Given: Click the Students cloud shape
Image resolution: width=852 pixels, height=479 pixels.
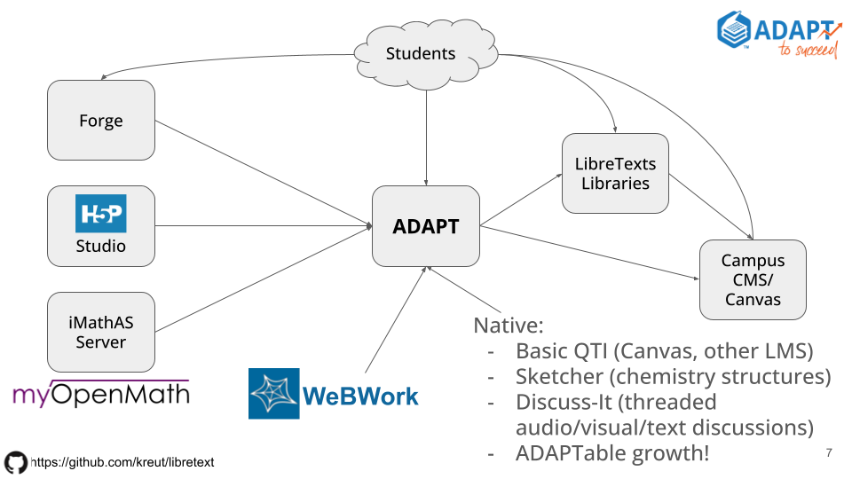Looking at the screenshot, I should (x=422, y=53).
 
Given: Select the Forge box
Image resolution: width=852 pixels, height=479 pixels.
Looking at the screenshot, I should (x=101, y=121).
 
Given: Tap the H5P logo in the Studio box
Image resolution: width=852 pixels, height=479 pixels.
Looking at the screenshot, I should (x=100, y=214).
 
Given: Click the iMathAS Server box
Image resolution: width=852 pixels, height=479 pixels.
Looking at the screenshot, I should (x=101, y=333).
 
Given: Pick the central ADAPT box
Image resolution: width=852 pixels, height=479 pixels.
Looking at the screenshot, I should (x=426, y=226).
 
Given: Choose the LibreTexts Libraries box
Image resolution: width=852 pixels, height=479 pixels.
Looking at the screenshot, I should (x=615, y=174).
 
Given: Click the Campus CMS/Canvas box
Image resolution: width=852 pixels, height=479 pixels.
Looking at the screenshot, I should (x=753, y=279).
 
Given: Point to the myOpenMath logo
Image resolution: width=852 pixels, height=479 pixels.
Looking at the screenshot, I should (x=101, y=394).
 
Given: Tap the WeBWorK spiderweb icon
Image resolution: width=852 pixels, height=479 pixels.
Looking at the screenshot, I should (x=274, y=393).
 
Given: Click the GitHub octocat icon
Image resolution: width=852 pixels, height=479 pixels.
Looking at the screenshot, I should (x=16, y=462).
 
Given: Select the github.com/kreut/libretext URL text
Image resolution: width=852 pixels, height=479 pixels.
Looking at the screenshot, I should (x=122, y=462).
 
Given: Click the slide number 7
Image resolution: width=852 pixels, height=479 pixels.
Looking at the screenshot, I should (x=829, y=453).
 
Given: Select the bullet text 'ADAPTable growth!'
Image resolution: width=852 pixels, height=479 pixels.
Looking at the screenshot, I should (x=612, y=453).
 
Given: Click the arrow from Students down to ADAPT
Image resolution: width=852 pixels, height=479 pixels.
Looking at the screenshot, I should (x=426, y=133).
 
